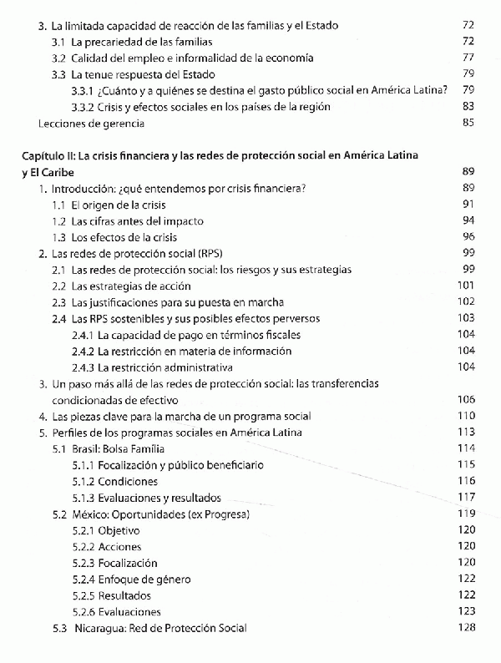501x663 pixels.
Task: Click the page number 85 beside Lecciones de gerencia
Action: coord(468,124)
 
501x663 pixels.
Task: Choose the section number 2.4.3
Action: coord(82,367)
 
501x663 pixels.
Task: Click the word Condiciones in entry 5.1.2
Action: coord(128,482)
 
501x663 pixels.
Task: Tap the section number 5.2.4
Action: coord(82,579)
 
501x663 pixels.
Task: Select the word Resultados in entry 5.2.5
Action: coord(126,596)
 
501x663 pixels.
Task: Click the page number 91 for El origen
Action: coord(468,205)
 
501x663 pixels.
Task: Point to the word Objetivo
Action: coord(119,531)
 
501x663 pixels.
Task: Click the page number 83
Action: coord(468,107)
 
